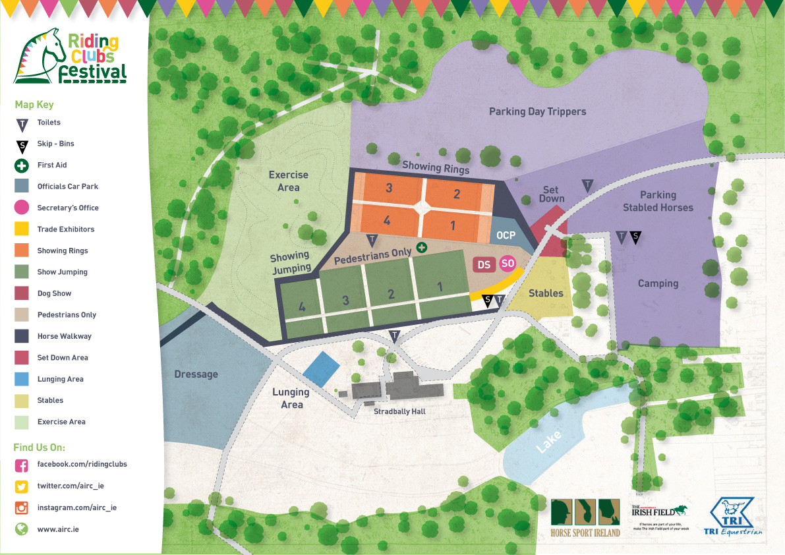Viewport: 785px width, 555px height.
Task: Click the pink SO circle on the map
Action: pyautogui.click(x=507, y=264)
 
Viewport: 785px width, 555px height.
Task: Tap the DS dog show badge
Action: pyautogui.click(x=484, y=264)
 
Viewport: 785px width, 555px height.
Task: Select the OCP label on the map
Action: pyautogui.click(x=506, y=235)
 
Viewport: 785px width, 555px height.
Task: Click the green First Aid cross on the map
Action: pyautogui.click(x=421, y=248)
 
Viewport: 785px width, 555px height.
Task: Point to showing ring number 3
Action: pyautogui.click(x=389, y=189)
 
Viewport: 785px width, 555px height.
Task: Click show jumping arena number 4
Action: pyautogui.click(x=302, y=307)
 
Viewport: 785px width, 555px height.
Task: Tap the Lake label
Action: pyautogui.click(x=549, y=440)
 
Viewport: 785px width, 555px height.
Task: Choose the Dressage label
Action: pyautogui.click(x=196, y=374)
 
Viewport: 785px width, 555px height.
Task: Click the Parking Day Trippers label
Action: pyautogui.click(x=537, y=111)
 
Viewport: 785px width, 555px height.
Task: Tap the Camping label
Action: pyautogui.click(x=658, y=283)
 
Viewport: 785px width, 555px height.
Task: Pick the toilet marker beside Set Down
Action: pyautogui.click(x=587, y=186)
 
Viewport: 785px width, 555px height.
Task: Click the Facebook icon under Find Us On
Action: pyautogui.click(x=22, y=465)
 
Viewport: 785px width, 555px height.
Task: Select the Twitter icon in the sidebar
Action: pyautogui.click(x=22, y=486)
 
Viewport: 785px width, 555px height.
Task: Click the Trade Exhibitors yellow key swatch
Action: pyautogui.click(x=22, y=229)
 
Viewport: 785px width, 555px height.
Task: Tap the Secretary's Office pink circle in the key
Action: pyautogui.click(x=22, y=208)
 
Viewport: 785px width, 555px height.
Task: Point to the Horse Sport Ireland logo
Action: pyautogui.click(x=585, y=517)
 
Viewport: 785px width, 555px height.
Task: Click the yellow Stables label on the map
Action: pyautogui.click(x=546, y=293)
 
